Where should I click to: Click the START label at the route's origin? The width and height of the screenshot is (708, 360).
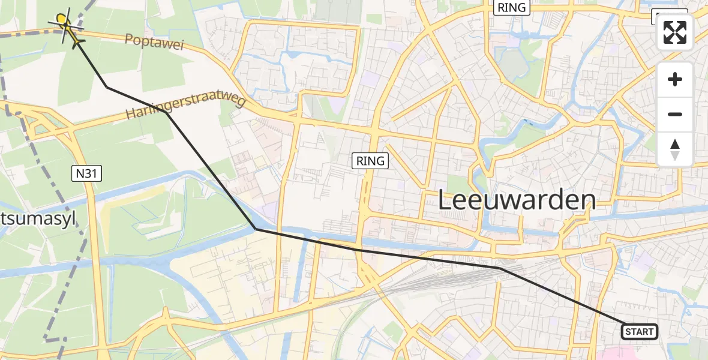639,331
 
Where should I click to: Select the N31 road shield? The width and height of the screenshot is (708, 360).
87,174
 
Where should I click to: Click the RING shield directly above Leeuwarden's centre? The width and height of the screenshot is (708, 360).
511,8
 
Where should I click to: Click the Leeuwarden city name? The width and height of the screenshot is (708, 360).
517,200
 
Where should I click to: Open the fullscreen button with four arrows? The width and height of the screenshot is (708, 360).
675,32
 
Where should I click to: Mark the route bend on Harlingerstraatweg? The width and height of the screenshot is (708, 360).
166,112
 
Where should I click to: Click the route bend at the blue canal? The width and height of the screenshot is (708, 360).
256,229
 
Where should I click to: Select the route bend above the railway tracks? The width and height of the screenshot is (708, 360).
500,269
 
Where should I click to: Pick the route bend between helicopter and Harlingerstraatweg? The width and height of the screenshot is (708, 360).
107,87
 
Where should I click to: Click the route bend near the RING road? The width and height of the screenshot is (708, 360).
356,249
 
